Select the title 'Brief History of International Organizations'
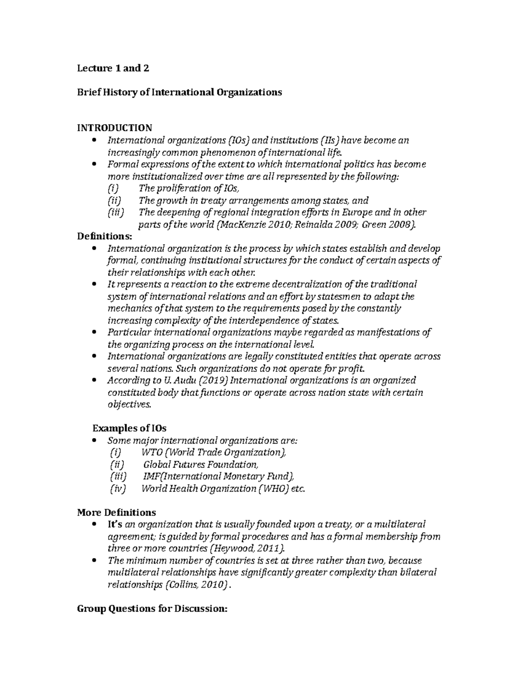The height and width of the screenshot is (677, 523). [179, 92]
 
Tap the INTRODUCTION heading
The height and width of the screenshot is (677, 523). [115, 128]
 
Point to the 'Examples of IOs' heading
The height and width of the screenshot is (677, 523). [129, 428]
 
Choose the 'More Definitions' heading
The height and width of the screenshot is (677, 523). [116, 512]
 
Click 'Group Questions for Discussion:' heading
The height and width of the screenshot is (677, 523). [152, 609]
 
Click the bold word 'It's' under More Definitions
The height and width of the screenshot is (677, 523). [115, 524]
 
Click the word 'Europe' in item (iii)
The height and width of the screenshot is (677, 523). [357, 213]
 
